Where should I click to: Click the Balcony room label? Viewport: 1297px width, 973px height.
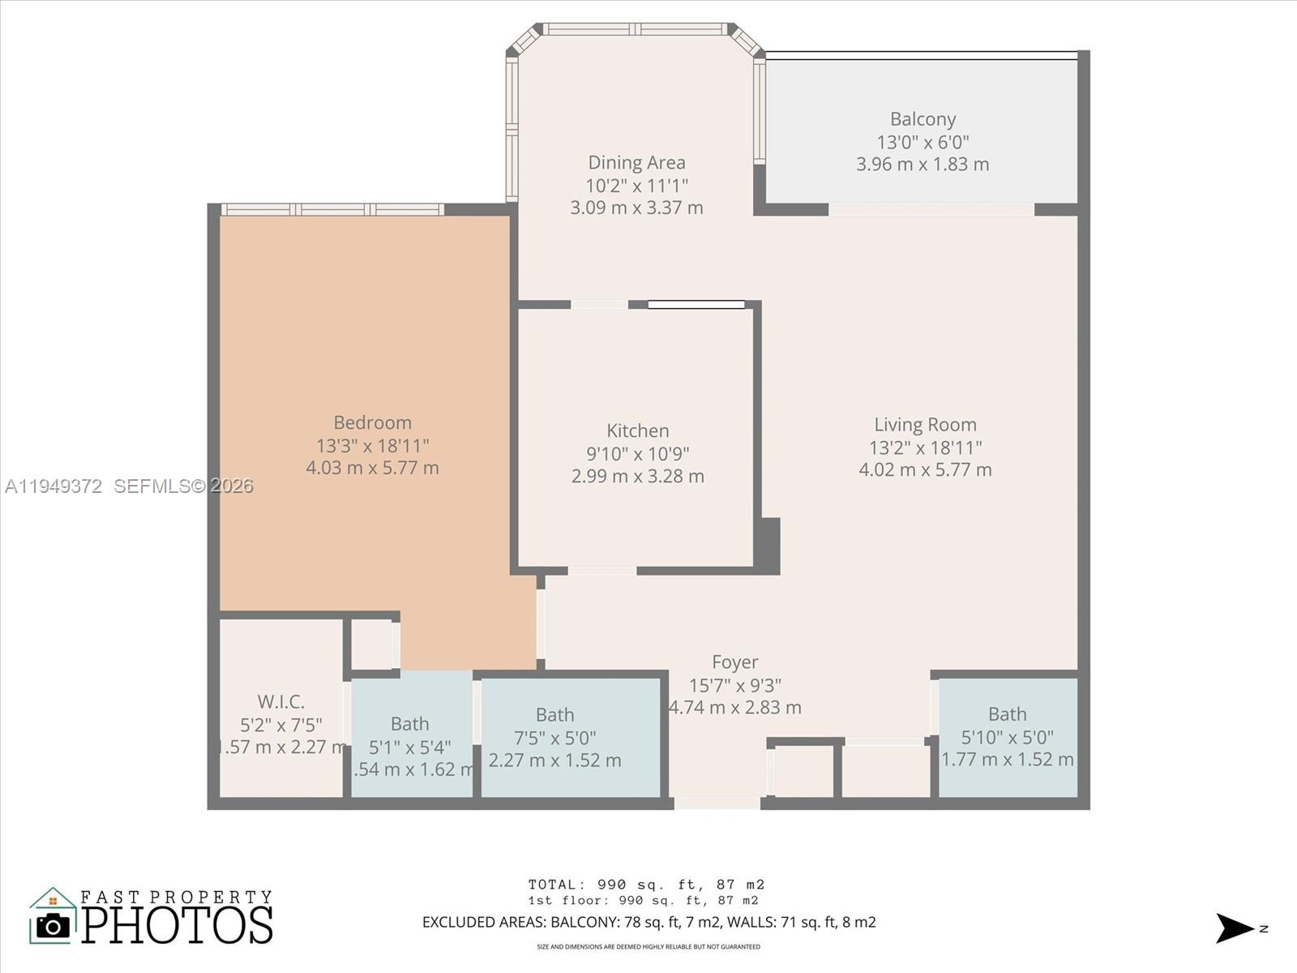(922, 119)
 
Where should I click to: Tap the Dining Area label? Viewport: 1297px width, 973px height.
(636, 163)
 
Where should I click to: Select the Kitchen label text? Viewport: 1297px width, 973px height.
(638, 431)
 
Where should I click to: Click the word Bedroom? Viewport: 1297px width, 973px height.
(372, 422)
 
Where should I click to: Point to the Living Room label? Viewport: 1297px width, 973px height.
(925, 425)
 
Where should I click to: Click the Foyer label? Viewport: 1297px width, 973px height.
(735, 662)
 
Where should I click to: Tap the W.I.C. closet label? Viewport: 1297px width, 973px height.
(280, 701)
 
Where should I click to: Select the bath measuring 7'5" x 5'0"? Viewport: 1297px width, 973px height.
(554, 715)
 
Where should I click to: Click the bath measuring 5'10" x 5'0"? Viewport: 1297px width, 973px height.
(1007, 714)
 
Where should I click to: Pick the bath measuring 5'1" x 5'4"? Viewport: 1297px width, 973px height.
(409, 724)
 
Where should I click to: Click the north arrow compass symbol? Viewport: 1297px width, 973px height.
(1235, 928)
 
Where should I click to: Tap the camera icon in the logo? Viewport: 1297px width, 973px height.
(54, 925)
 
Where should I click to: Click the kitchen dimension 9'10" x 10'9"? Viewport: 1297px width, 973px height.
(638, 453)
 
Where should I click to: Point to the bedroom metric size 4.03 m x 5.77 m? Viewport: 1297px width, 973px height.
(372, 468)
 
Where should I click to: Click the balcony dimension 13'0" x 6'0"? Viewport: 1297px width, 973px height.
(922, 142)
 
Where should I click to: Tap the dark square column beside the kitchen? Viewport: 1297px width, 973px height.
(768, 545)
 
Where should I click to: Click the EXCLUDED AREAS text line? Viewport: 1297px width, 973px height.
(648, 922)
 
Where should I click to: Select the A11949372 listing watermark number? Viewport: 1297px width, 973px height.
(54, 486)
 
